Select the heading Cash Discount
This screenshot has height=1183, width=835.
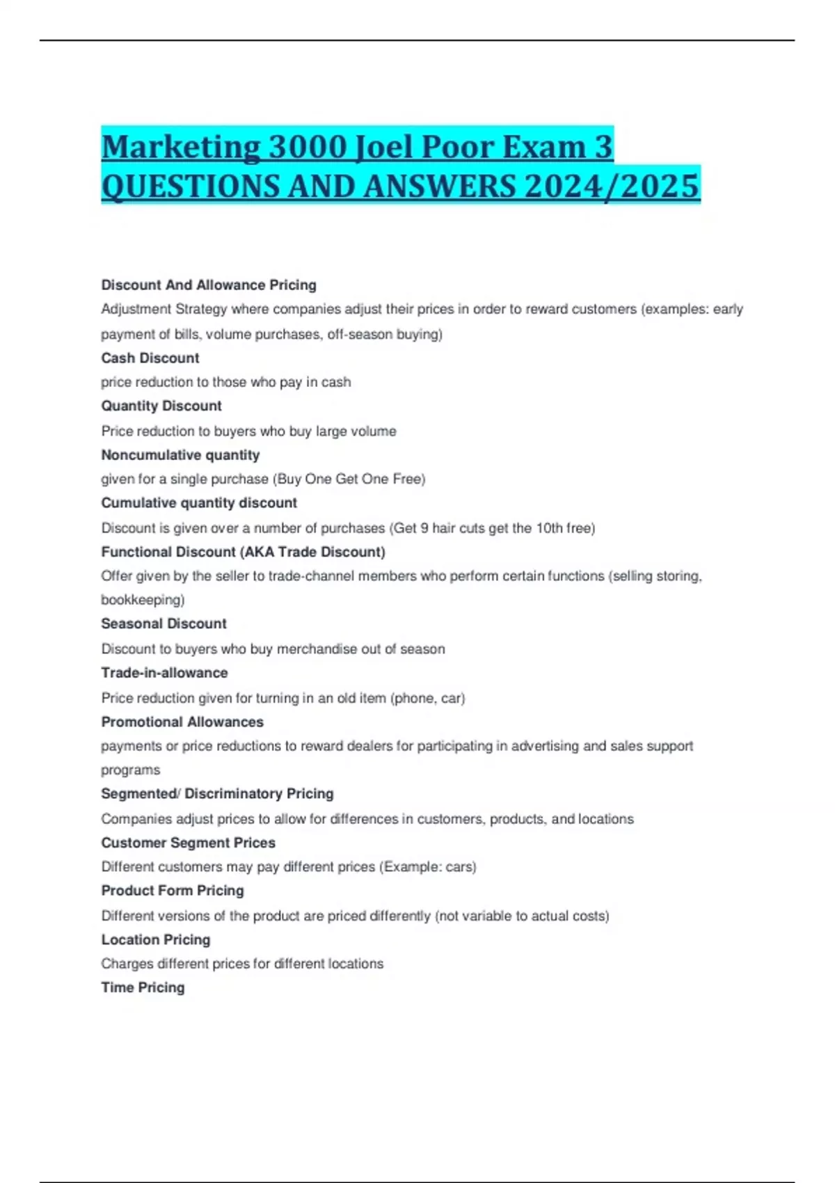pyautogui.click(x=150, y=358)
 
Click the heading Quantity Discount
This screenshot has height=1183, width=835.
pyautogui.click(x=161, y=406)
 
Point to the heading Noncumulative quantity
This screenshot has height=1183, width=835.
pyautogui.click(x=180, y=455)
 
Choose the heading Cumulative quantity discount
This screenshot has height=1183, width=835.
pyautogui.click(x=199, y=503)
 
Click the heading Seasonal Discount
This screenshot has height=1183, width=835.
pyautogui.click(x=164, y=624)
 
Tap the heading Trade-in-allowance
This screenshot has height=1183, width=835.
pyautogui.click(x=164, y=673)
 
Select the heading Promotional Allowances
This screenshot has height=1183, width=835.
pyautogui.click(x=182, y=722)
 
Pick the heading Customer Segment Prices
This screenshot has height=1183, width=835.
pyautogui.click(x=188, y=843)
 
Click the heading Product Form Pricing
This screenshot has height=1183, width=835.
pyautogui.click(x=173, y=891)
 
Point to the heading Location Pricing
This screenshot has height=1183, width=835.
pyautogui.click(x=156, y=939)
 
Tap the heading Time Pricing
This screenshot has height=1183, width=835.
pyautogui.click(x=143, y=987)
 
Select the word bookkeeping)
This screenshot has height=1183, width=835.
pyautogui.click(x=143, y=599)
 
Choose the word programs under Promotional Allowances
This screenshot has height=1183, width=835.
pyautogui.click(x=130, y=770)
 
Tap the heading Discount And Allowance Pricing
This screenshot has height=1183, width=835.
pyautogui.click(x=209, y=285)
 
